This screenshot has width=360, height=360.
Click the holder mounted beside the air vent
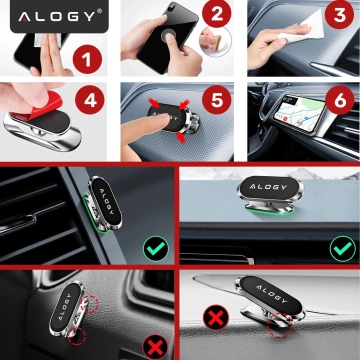pyautogui.click(x=107, y=206)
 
